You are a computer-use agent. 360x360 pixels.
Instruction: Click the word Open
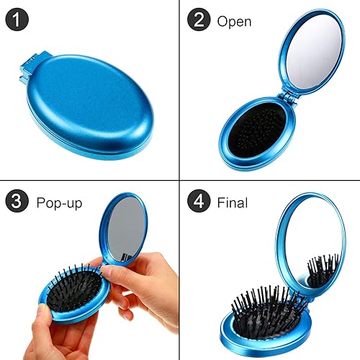(x=234, y=21)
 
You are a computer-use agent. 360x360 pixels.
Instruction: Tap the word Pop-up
(x=58, y=203)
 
